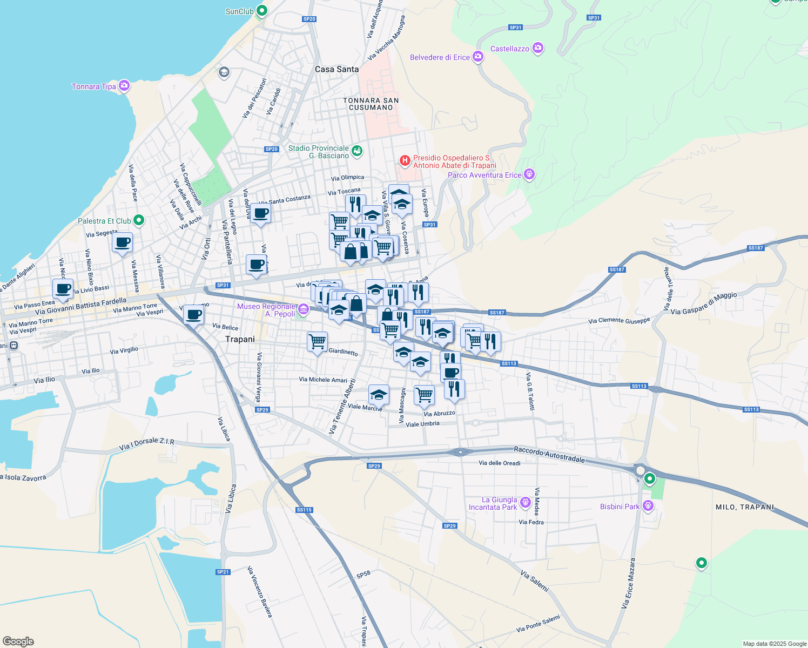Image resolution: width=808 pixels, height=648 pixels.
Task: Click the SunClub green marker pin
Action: (x=262, y=10)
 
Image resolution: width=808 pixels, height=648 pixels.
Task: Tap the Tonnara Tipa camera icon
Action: (x=124, y=86)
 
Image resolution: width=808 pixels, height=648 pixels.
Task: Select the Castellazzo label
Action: (x=509, y=49)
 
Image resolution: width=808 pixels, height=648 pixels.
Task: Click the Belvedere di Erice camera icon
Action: (x=477, y=57)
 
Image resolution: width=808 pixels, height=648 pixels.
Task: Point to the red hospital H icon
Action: (x=405, y=160)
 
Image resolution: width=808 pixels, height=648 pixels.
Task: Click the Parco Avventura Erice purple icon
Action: (x=529, y=174)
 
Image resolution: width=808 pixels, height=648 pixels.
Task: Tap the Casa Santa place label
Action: (x=336, y=69)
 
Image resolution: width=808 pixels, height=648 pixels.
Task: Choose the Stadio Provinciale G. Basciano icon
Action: (x=357, y=151)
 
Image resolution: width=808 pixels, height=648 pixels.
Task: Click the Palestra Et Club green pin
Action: (x=139, y=220)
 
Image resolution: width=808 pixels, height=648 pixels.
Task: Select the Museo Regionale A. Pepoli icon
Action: (x=304, y=309)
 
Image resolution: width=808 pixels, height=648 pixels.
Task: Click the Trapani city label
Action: (x=240, y=339)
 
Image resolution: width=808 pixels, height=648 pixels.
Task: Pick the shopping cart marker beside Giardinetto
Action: (x=317, y=341)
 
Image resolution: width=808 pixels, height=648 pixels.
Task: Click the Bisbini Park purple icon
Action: (x=648, y=506)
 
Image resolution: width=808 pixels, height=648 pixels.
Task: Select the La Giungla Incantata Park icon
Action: (x=525, y=503)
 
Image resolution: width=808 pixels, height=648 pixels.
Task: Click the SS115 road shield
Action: (x=304, y=510)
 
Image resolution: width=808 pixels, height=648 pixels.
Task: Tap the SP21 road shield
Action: (x=223, y=572)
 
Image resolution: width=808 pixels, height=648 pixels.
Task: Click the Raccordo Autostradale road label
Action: (x=549, y=454)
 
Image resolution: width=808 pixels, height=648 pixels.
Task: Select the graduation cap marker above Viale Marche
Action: (x=379, y=395)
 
